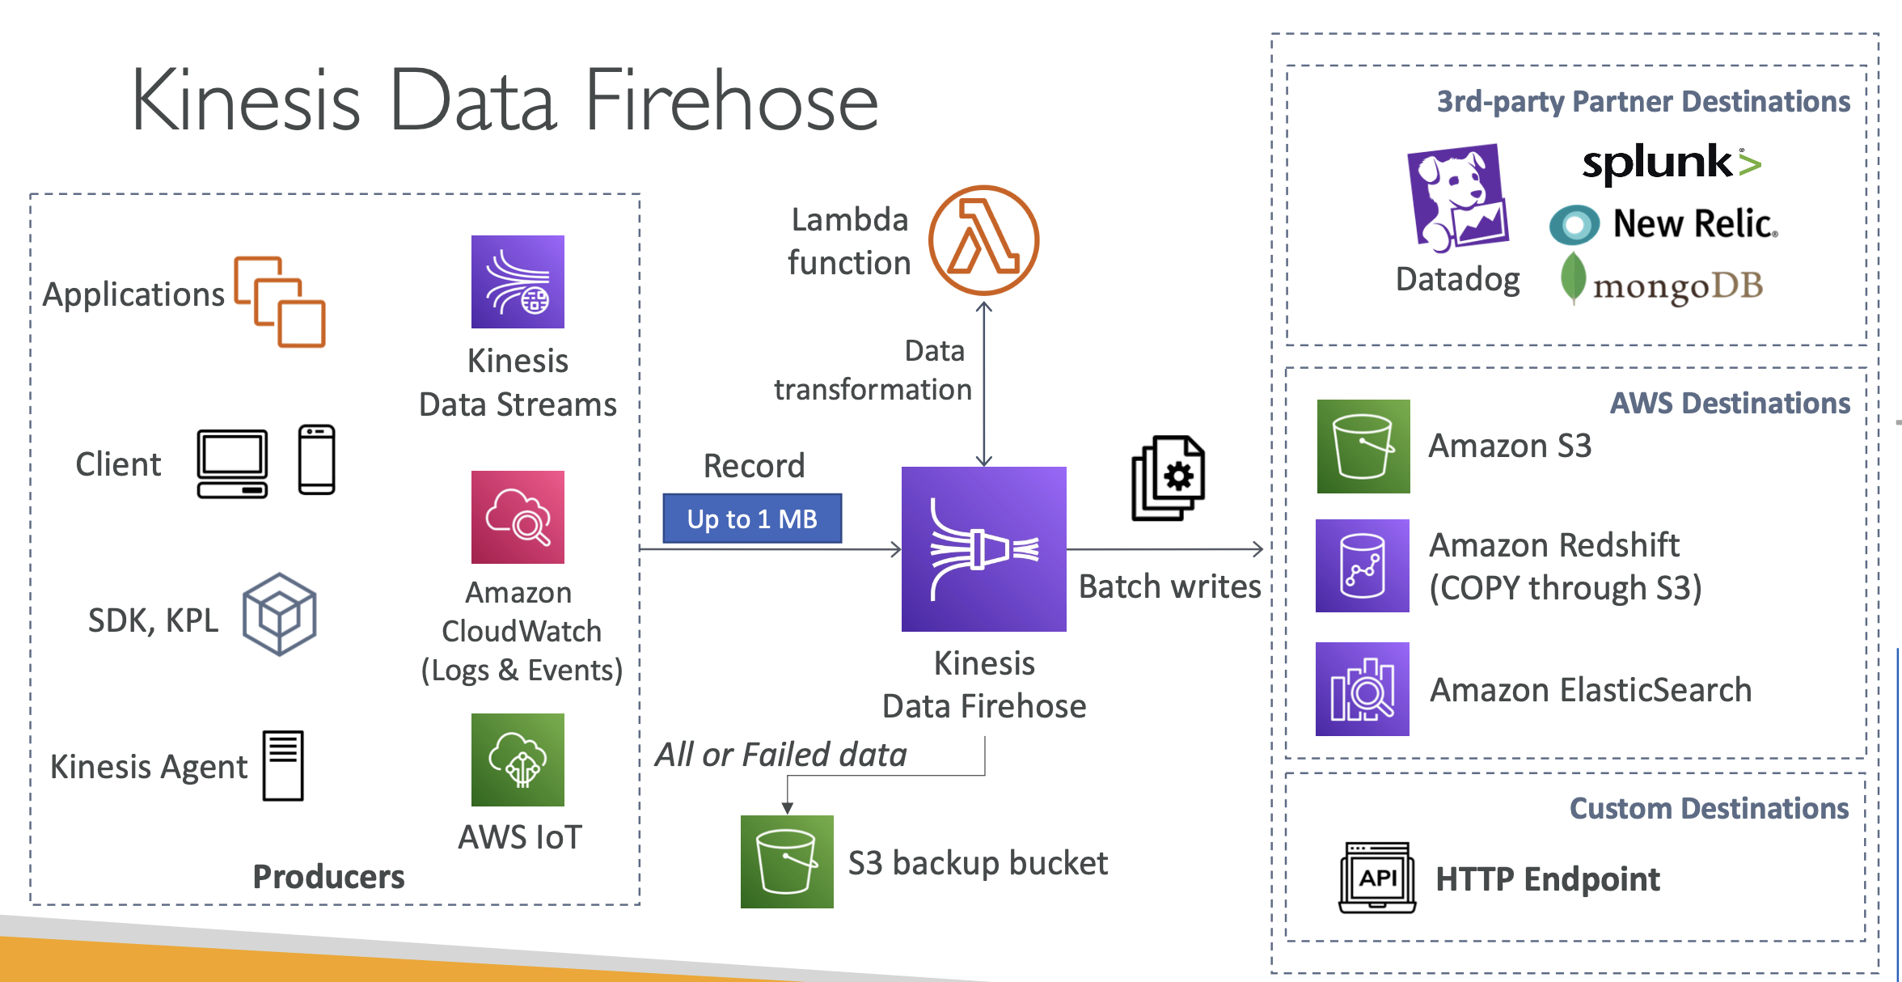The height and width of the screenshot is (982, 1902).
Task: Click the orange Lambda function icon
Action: pyautogui.click(x=983, y=240)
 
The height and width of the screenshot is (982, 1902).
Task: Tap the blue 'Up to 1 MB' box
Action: pyautogui.click(x=752, y=519)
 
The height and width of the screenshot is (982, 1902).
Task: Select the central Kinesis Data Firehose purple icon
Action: pyautogui.click(x=983, y=548)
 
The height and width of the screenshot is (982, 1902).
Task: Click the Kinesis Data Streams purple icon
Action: pyautogui.click(x=518, y=281)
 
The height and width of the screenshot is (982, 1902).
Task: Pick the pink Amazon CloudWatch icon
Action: pyautogui.click(x=518, y=517)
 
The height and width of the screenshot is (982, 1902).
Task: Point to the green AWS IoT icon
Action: pyautogui.click(x=518, y=760)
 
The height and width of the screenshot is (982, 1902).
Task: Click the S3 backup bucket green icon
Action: pyautogui.click(x=787, y=861)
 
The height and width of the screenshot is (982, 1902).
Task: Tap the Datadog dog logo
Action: pyautogui.click(x=1458, y=198)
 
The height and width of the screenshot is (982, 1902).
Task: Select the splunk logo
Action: pyautogui.click(x=1671, y=163)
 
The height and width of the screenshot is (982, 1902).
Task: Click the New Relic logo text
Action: pyautogui.click(x=1693, y=224)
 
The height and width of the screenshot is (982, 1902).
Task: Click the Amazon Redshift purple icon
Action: pyautogui.click(x=1363, y=565)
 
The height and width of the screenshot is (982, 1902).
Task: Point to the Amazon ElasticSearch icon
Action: pyautogui.click(x=1363, y=689)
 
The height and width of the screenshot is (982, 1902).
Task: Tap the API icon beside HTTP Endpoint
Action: pyautogui.click(x=1377, y=878)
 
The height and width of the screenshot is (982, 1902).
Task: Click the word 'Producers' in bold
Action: pyautogui.click(x=328, y=876)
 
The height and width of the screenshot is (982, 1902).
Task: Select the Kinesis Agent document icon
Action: pyautogui.click(x=283, y=765)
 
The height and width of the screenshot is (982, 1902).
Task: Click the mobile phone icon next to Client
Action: pyautogui.click(x=316, y=459)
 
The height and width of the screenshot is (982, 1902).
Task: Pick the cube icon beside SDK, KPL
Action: pyautogui.click(x=279, y=615)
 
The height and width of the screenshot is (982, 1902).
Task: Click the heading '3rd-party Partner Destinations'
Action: pyautogui.click(x=1643, y=102)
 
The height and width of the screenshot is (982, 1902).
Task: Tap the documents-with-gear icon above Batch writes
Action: pyautogui.click(x=1169, y=479)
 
